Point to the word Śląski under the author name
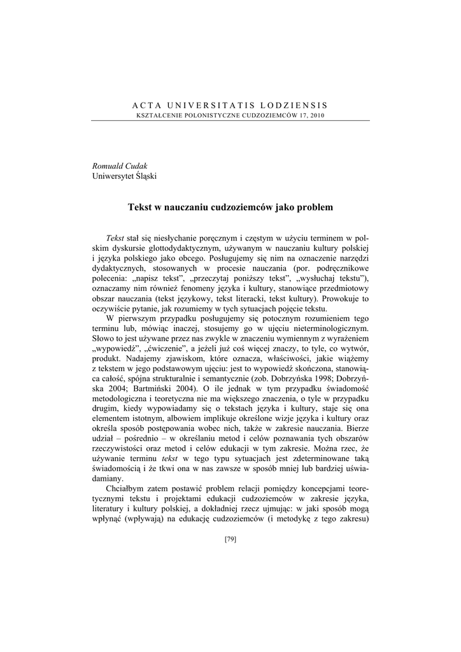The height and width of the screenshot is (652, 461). tap(143, 176)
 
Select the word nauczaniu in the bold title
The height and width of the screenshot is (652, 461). tap(194, 207)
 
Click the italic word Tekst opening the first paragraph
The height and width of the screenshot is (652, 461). tap(115, 237)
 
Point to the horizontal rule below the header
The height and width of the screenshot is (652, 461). tap(230, 120)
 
